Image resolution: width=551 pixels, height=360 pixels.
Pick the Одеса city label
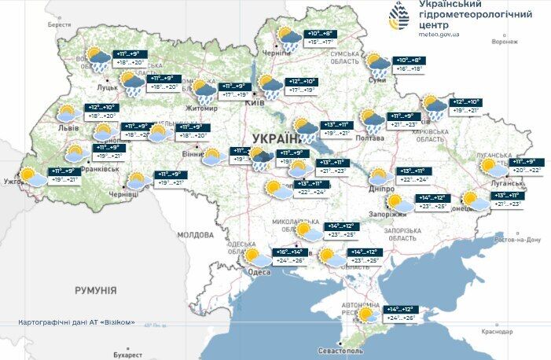point(259,272)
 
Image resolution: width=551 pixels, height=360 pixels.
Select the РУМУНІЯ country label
point(96,290)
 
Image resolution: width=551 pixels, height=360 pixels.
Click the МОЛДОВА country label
point(195,234)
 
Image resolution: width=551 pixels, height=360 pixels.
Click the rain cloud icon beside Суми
point(377,64)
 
